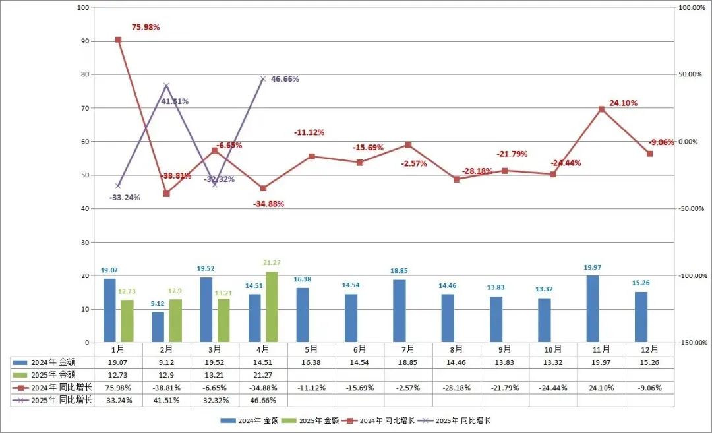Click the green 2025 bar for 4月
[272, 307]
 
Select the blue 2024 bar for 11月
[593, 309]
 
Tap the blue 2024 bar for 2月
[158, 327]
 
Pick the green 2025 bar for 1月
[127, 321]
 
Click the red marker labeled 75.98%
[118, 40]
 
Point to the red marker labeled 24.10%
[601, 109]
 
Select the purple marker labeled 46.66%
[263, 78]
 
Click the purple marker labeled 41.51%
[166, 86]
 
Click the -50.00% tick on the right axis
[693, 208]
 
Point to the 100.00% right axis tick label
[693, 8]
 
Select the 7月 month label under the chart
[408, 349]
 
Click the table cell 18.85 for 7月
[408, 362]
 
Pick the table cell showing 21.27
[263, 374]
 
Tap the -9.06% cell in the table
[649, 387]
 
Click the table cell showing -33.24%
[118, 399]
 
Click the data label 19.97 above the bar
[593, 266]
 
